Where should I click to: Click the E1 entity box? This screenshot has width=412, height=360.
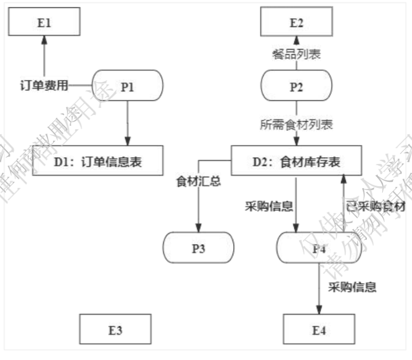44,22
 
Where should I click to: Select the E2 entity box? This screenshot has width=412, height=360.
297,22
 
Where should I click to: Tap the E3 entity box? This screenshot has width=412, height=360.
115,330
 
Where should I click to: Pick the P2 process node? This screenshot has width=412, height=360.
297,86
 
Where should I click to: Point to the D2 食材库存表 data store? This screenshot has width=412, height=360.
297,162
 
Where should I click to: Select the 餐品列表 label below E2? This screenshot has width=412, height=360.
297,54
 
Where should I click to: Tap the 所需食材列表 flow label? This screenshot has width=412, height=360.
297,125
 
